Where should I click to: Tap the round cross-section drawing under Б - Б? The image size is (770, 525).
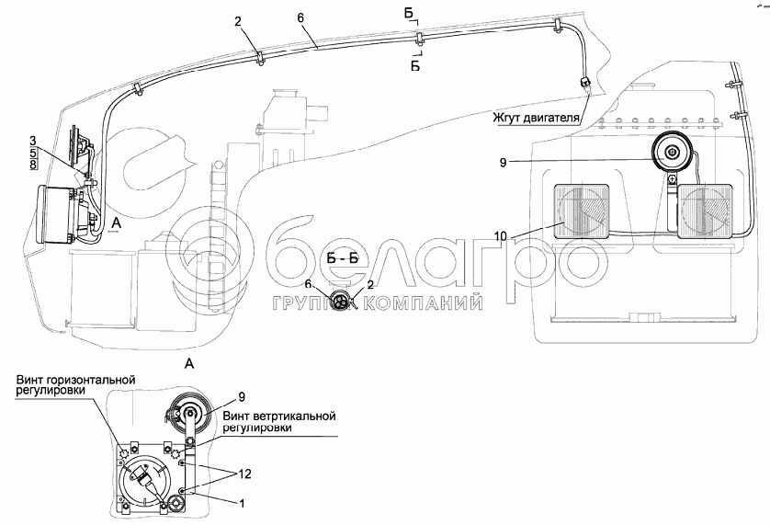[x=342, y=301]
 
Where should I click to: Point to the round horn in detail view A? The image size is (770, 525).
[x=192, y=415]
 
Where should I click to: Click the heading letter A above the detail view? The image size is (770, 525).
[x=189, y=364]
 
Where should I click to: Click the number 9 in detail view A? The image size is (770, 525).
[x=241, y=397]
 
